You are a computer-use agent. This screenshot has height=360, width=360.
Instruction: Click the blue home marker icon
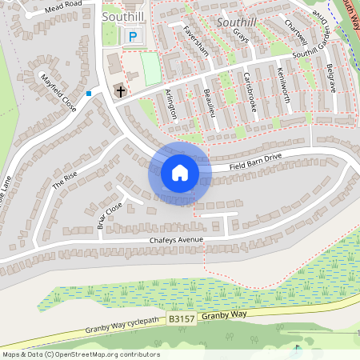(180, 173)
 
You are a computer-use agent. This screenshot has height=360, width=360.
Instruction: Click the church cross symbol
(120, 91)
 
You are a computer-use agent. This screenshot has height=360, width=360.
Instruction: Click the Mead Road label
(64, 5)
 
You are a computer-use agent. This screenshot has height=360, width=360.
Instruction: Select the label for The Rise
(65, 178)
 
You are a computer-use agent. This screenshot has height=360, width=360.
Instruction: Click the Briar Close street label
(109, 215)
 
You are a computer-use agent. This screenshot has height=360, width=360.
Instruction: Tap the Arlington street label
(170, 104)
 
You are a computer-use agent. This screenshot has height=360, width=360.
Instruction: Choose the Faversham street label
(195, 42)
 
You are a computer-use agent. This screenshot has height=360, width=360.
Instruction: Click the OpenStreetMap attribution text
(80, 354)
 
